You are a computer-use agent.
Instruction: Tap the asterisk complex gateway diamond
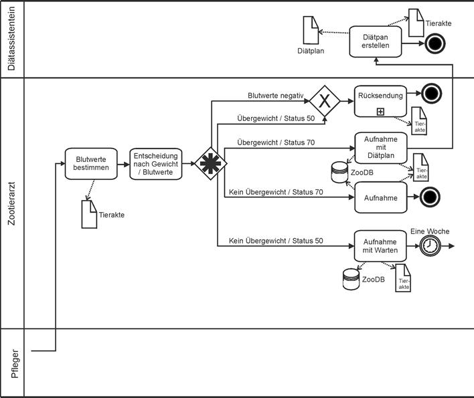tap(206, 163)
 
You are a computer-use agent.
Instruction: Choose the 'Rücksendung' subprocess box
tap(380, 101)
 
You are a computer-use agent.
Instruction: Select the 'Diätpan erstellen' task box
tap(375, 42)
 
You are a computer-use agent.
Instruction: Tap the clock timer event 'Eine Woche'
tap(429, 246)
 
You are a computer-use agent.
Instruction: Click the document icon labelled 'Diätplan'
tap(311, 30)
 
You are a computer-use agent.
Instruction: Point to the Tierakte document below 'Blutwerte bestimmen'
tap(88, 214)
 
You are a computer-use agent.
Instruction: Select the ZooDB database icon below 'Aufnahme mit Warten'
tap(351, 279)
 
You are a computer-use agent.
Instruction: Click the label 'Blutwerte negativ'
tap(276, 96)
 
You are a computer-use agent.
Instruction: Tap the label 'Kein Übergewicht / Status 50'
tap(276, 241)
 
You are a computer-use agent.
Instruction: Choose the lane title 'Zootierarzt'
tap(11, 202)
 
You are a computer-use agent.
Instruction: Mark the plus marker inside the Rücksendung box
tap(380, 112)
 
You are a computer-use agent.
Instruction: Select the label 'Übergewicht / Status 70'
tap(276, 143)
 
